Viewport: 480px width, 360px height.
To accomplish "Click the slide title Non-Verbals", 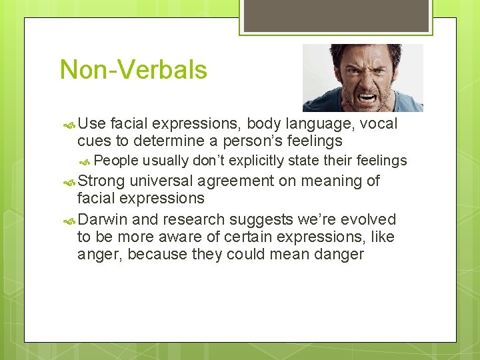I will click(x=133, y=70).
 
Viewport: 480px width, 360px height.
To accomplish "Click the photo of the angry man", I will click(x=363, y=77).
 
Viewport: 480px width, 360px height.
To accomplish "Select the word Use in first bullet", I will click(x=92, y=124).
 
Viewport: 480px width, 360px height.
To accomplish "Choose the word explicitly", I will click(x=257, y=161).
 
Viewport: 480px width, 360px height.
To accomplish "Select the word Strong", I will click(x=101, y=181).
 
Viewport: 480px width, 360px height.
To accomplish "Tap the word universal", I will click(x=162, y=181).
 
